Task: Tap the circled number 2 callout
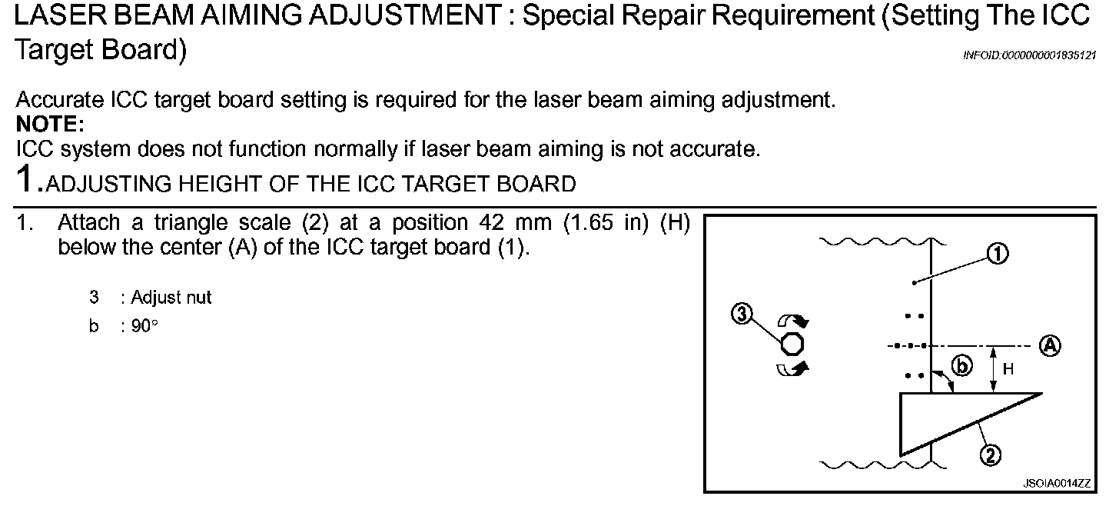990,456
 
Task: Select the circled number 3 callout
742,314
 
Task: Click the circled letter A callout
1050,345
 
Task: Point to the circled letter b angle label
961,366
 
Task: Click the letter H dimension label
1008,370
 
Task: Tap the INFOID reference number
1029,55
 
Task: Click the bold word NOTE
49,124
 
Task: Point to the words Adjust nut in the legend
171,297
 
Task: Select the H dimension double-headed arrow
994,369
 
